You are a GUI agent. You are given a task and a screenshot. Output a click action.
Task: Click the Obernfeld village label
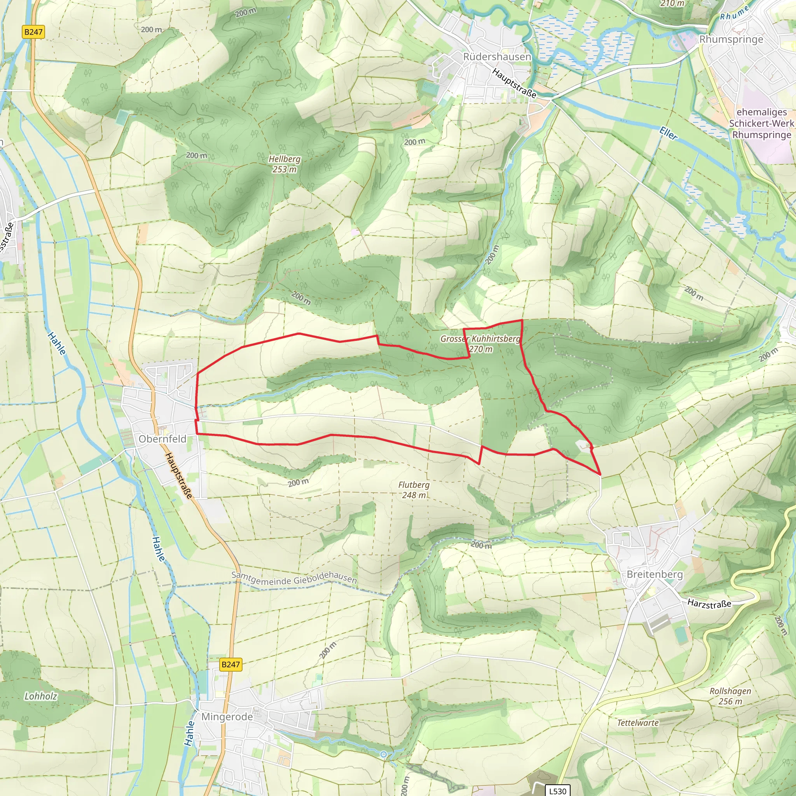[162, 439]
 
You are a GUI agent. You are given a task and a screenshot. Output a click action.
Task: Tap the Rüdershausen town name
[497, 56]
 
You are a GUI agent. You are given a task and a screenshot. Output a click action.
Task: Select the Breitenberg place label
[654, 574]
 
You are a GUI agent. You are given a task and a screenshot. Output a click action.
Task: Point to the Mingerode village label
[227, 716]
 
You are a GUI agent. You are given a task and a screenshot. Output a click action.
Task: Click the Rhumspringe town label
[731, 40]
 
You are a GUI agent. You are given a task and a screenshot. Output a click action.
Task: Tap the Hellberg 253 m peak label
[284, 164]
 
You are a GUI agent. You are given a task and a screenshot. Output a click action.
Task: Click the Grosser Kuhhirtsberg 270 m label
[480, 344]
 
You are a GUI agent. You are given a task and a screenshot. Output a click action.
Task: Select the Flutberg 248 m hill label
[414, 490]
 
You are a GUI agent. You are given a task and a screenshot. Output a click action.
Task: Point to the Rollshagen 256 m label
[730, 696]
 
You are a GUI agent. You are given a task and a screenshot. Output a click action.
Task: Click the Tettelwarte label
[637, 723]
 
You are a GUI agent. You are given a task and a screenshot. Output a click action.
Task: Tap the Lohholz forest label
[41, 696]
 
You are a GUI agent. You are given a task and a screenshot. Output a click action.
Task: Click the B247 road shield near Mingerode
[230, 664]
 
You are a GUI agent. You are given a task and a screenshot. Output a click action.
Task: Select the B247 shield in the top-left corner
[33, 32]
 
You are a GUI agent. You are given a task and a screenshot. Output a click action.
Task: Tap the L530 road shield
[557, 791]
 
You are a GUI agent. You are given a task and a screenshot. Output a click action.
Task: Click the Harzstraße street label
[709, 604]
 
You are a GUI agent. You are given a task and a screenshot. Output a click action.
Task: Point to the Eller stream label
[668, 133]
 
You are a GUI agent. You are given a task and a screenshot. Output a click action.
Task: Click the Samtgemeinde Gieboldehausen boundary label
[294, 578]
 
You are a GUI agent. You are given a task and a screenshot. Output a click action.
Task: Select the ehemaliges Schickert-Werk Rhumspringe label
[761, 123]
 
